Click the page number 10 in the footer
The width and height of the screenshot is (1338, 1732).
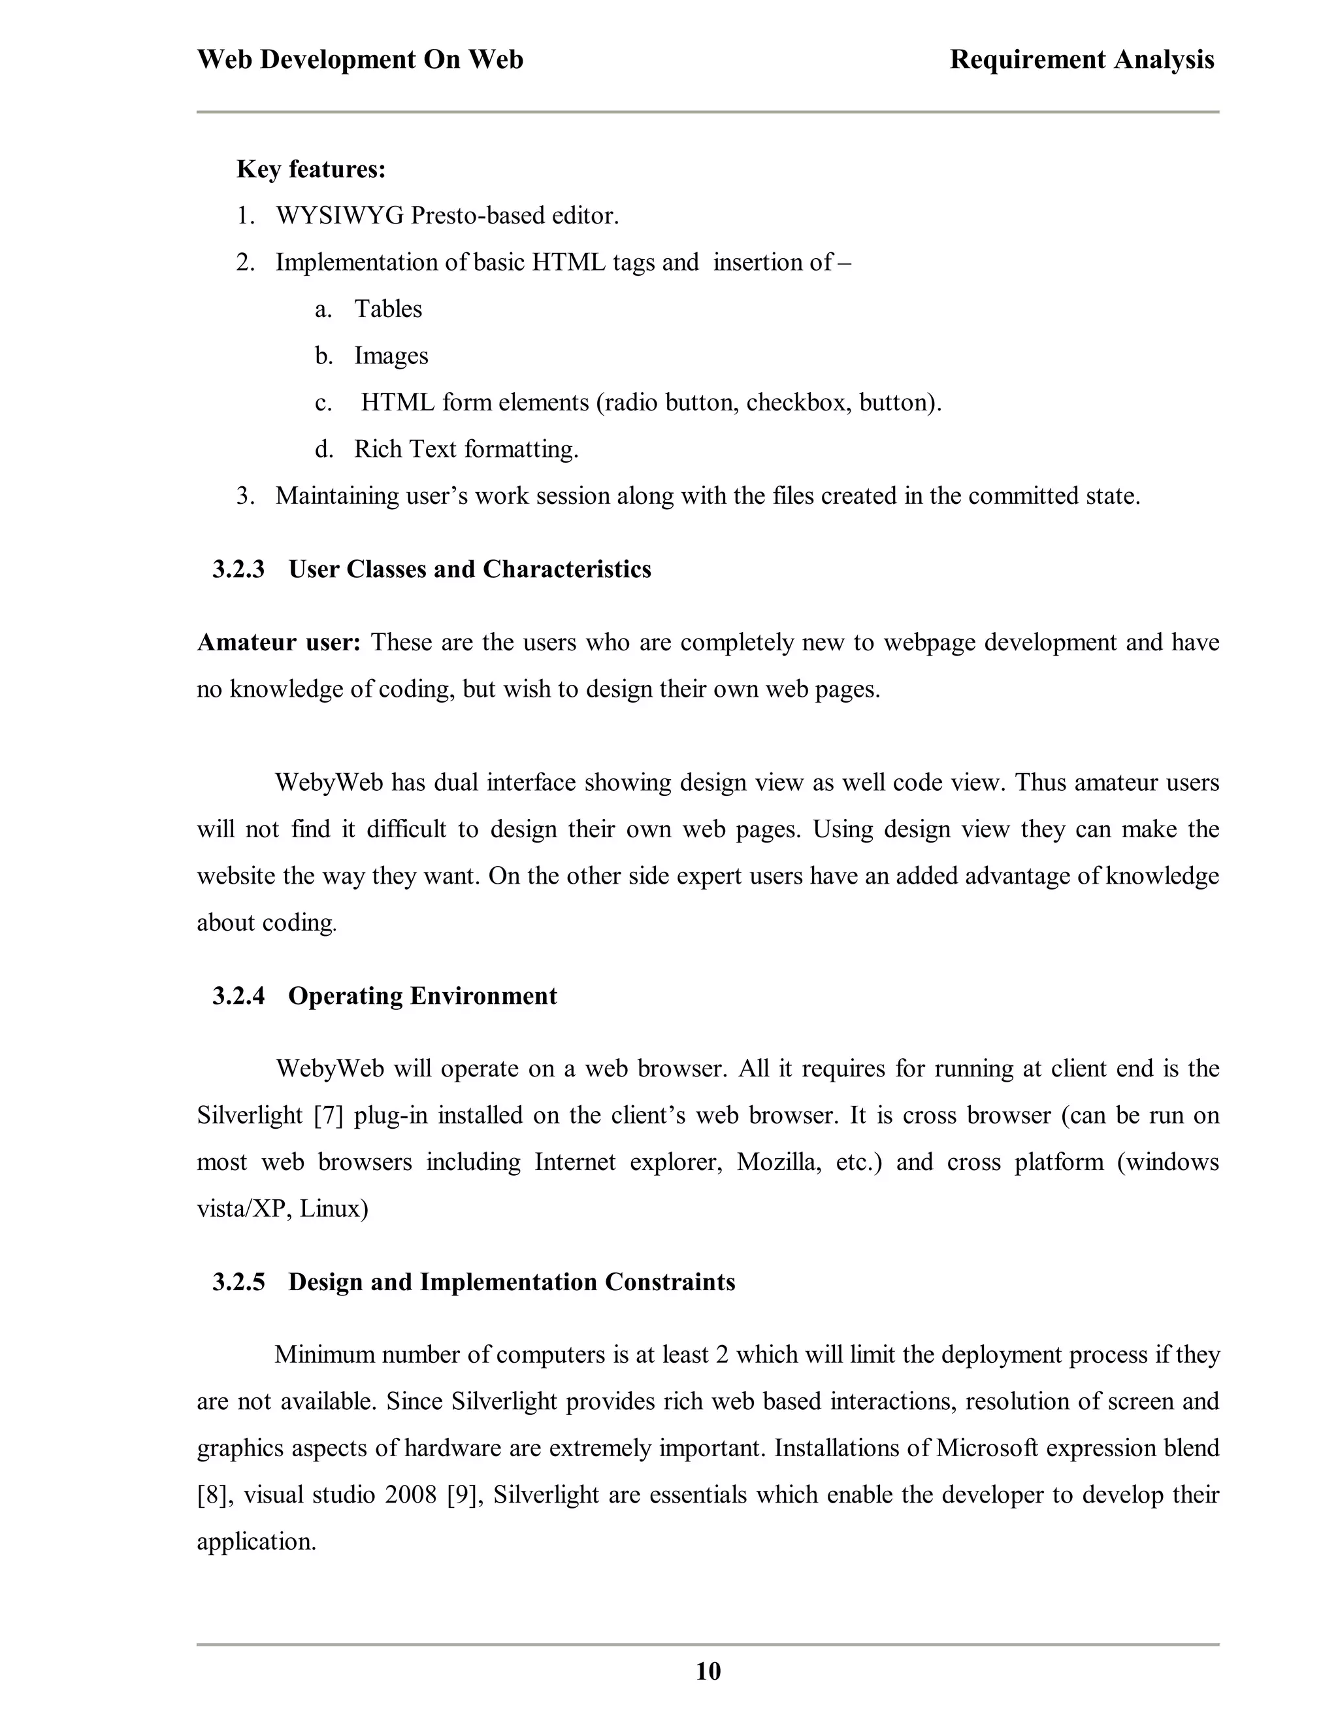(708, 1671)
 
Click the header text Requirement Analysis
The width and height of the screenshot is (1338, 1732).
(1081, 59)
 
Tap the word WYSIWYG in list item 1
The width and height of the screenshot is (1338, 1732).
(339, 216)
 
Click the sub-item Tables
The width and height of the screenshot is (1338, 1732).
(387, 308)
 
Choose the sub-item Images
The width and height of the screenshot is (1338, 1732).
(391, 356)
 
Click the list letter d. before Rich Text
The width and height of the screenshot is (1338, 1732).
(323, 449)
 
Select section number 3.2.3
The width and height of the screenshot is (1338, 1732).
(238, 569)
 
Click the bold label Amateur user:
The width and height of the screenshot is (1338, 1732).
(278, 642)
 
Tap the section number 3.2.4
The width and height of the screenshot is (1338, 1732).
(238, 996)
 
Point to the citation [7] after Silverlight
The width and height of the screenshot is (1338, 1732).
(328, 1116)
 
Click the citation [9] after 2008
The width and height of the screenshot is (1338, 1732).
(462, 1495)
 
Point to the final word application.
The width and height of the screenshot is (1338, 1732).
(256, 1542)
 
